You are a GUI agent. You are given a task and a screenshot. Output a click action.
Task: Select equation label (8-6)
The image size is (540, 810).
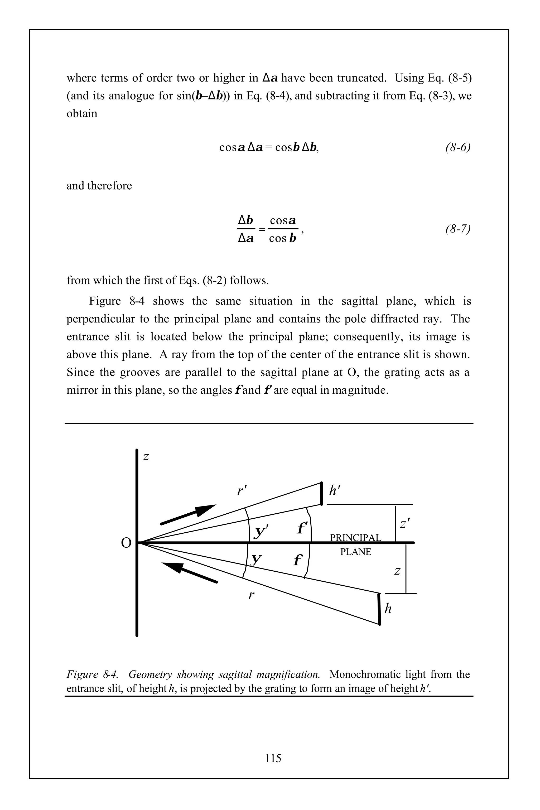pyautogui.click(x=458, y=147)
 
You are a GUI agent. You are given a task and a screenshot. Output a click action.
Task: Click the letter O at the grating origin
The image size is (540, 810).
pyautogui.click(x=126, y=543)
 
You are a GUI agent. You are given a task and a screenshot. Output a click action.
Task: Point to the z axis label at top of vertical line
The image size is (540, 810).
pyautogui.click(x=146, y=457)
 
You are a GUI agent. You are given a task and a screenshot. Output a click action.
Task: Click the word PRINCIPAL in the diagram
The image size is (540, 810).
pyautogui.click(x=355, y=538)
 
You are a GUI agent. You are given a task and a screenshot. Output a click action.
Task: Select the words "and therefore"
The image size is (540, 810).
pyautogui.click(x=99, y=186)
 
